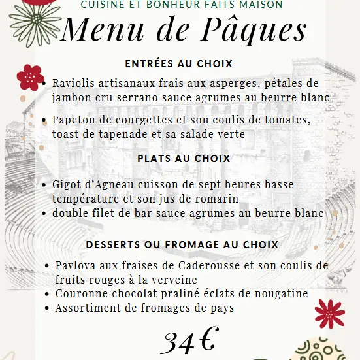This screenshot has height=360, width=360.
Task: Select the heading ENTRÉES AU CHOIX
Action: pos(179,64)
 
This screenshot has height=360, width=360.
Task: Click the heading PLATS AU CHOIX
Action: pos(184,158)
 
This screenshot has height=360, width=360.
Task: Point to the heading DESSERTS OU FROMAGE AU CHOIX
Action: pos(182,245)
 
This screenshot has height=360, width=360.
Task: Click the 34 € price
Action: pos(189,341)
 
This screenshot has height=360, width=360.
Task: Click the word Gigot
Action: pos(65,184)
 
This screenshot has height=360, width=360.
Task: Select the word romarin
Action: pos(216,198)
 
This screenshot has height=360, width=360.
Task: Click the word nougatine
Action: pos(279,294)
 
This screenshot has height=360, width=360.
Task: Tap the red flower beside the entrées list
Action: pos(29,77)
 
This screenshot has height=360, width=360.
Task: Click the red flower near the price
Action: pos(329,314)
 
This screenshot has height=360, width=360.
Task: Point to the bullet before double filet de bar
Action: pos(43,214)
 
